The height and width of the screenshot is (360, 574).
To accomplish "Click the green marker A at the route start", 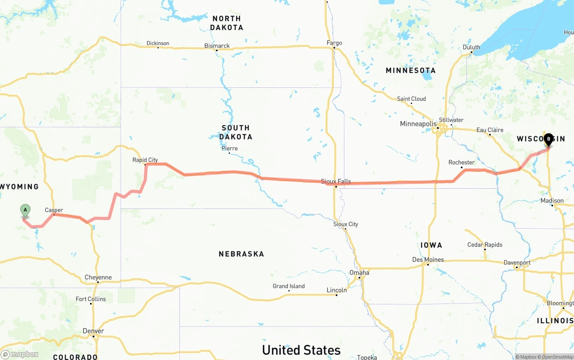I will (x=25, y=210).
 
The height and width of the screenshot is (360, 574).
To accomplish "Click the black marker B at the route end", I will (x=548, y=139).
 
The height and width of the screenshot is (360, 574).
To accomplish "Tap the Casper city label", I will (x=54, y=210).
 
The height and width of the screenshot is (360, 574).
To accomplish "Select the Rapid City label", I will (x=145, y=160).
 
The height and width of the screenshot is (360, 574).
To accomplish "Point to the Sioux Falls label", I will (x=336, y=182).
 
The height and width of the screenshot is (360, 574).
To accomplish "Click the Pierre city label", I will (x=230, y=148).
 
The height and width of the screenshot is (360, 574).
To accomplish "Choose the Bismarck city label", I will (x=217, y=46).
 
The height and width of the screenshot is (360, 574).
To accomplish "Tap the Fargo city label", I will (x=334, y=43).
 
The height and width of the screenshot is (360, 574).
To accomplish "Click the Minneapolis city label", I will (x=418, y=124).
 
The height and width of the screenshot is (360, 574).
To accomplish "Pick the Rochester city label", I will (x=461, y=162).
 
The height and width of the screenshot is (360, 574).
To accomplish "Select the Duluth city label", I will (x=471, y=47).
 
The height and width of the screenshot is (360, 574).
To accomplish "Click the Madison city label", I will (x=552, y=200).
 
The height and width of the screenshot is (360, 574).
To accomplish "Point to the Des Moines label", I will (x=428, y=260).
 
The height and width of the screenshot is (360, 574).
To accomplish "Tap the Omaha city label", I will (x=359, y=273).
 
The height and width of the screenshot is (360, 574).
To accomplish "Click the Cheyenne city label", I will (x=98, y=278).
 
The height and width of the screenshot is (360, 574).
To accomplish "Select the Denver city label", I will (x=93, y=331).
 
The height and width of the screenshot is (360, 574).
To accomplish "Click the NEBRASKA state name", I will (x=241, y=254).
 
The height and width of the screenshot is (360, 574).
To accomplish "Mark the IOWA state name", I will (x=431, y=245).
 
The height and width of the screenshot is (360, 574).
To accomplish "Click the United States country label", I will (x=301, y=350).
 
